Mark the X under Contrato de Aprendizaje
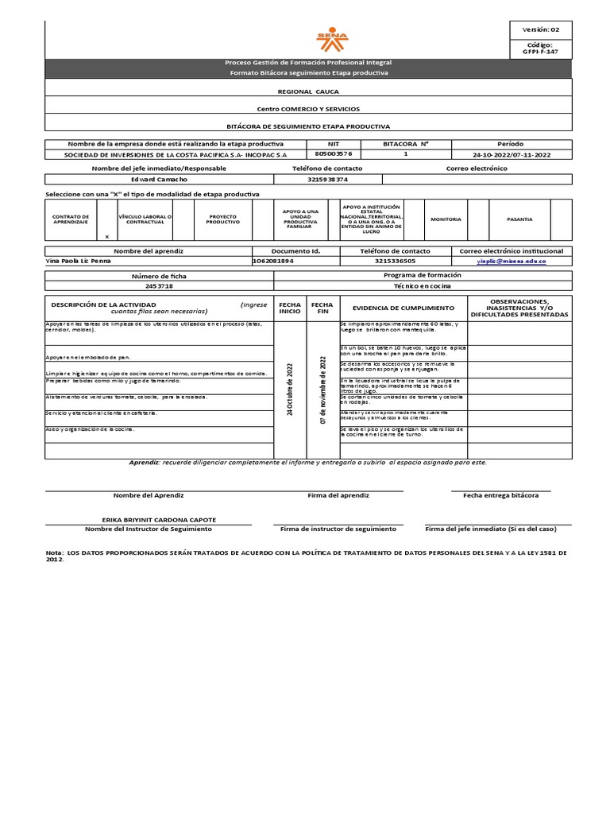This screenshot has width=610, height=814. pyautogui.click(x=107, y=236)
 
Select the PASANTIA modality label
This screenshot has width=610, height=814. pyautogui.click(x=519, y=219)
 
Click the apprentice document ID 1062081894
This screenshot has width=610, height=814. pyautogui.click(x=272, y=261)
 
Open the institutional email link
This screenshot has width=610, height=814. pyautogui.click(x=511, y=261)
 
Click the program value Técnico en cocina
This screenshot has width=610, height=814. pyautogui.click(x=421, y=285)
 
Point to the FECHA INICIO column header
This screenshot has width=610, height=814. pyautogui.click(x=289, y=308)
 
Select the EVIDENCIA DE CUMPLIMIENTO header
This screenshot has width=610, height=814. pyautogui.click(x=403, y=308)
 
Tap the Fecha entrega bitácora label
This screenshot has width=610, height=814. pyautogui.click(x=500, y=495)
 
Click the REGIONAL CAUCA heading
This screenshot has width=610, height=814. pyautogui.click(x=307, y=91)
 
